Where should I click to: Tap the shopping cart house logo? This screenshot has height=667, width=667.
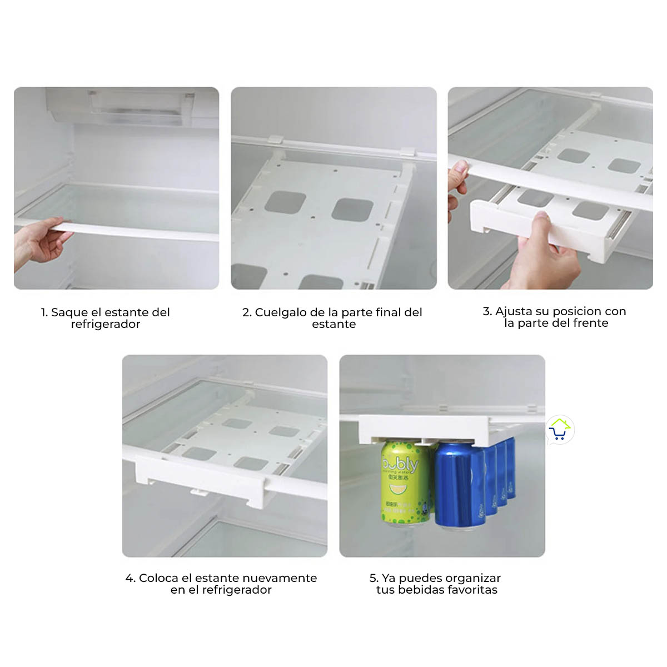[x=560, y=430]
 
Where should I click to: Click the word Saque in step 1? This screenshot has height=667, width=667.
[x=69, y=313]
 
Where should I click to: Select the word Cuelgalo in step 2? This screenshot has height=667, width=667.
[x=281, y=313]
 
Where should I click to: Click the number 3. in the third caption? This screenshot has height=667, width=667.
[x=487, y=311]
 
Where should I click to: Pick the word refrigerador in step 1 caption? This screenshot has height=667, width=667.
[x=106, y=324]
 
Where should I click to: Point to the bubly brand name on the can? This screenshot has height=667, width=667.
[x=400, y=464]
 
